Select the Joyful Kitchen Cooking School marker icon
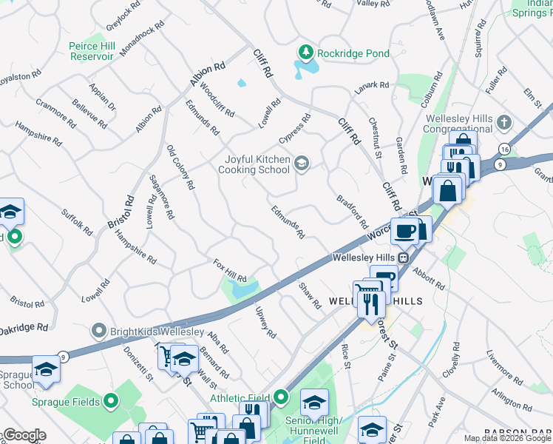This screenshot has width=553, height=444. [301, 164]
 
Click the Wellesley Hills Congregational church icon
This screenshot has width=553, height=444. [504, 121]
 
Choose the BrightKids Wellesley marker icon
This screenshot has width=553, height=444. [98, 330]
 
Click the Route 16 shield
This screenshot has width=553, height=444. [503, 149]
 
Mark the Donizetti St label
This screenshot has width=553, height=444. [138, 363]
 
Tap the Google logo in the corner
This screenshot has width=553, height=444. [24, 434]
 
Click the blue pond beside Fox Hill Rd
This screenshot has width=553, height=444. [244, 289]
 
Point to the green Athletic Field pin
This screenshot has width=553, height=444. [280, 398]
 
